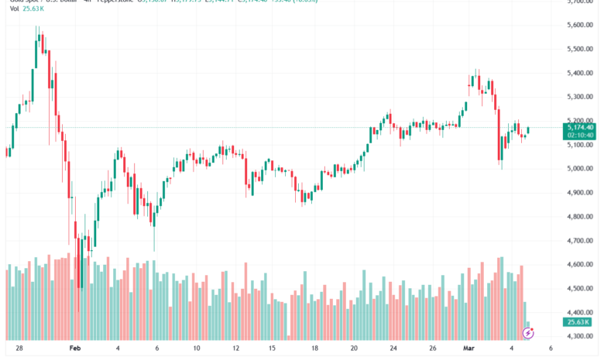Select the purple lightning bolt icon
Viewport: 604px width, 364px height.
528,332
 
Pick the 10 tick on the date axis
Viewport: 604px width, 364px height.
197,349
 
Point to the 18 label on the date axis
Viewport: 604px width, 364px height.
314,349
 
